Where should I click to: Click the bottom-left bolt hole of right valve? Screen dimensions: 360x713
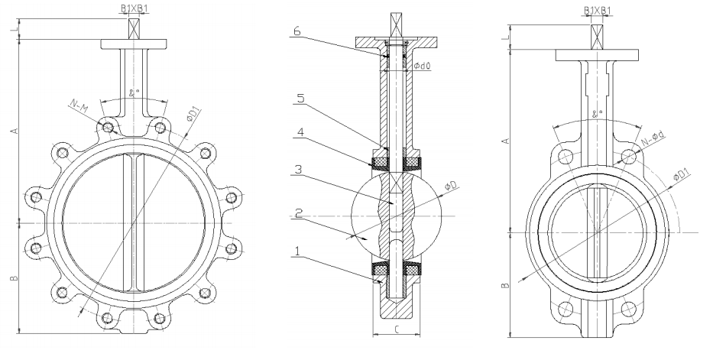tap(566, 309)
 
